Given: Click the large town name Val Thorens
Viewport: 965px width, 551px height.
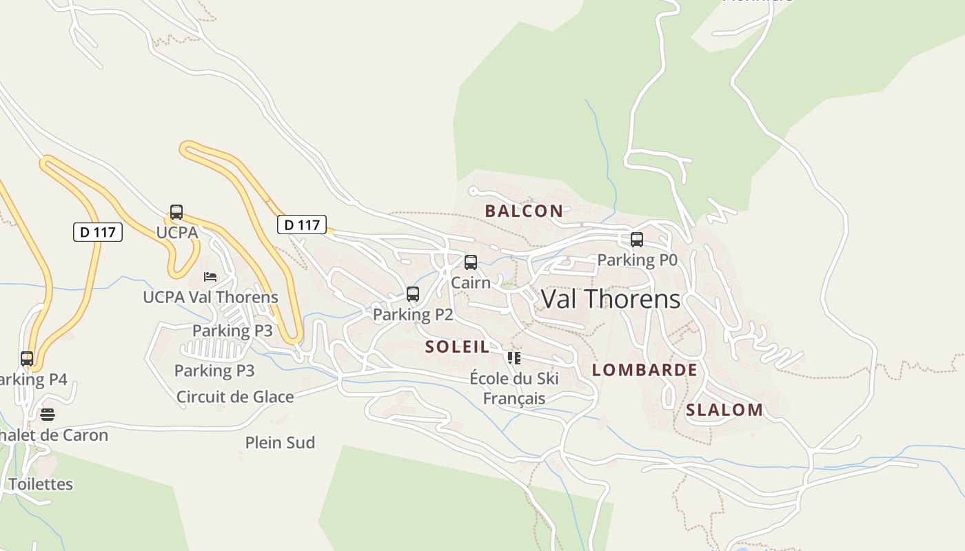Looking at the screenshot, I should [x=611, y=299].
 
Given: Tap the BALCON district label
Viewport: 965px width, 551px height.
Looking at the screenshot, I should [x=524, y=211].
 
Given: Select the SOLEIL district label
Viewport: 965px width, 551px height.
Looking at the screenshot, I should [x=457, y=346].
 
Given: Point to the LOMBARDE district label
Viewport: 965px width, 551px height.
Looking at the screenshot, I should [x=644, y=370].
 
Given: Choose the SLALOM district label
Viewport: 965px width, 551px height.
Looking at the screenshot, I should [x=724, y=410].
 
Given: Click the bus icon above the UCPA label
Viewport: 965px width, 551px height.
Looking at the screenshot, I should [x=176, y=212].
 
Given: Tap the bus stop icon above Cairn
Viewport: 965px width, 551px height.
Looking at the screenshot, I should [x=471, y=262].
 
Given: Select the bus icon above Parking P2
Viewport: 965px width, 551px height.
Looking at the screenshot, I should [x=413, y=294].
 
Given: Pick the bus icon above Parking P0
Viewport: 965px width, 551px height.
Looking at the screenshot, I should [x=637, y=240].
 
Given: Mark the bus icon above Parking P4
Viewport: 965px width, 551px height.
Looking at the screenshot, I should [x=27, y=359].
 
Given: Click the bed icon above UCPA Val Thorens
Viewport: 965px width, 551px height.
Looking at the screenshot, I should [x=210, y=277].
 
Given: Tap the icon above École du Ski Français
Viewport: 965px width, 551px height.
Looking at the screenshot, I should [x=514, y=357].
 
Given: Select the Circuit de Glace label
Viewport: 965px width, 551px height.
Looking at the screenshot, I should [x=235, y=397].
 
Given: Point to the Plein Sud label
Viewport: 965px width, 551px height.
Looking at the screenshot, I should [x=280, y=442].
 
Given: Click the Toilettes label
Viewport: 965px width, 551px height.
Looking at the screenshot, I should [x=41, y=484].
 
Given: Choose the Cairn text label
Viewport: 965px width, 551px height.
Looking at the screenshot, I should [x=471, y=282].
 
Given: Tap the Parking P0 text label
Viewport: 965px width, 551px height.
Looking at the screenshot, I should [x=637, y=260].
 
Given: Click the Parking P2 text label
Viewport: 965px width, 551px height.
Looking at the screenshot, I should [x=413, y=315].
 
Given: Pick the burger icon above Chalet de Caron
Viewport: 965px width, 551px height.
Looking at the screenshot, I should [x=47, y=415].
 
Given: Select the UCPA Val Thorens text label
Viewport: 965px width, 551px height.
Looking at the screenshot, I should [x=210, y=297].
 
